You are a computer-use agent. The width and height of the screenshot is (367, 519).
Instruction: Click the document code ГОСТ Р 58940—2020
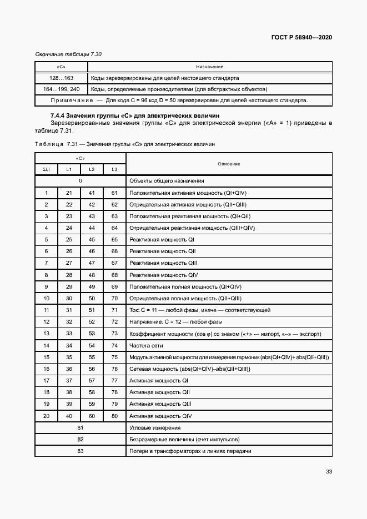(302, 37)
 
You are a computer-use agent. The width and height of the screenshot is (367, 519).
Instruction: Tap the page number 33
(329, 471)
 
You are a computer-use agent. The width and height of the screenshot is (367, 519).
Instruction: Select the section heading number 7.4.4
(59, 115)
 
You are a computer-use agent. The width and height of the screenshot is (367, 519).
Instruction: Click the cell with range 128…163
(58, 78)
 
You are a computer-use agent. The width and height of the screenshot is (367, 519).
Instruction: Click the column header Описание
(229, 164)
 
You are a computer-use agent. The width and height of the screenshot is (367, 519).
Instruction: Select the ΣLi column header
(46, 169)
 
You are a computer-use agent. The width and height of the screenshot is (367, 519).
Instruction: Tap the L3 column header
(114, 169)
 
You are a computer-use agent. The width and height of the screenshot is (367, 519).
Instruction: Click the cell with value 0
(81, 181)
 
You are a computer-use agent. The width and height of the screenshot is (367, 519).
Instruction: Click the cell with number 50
(92, 298)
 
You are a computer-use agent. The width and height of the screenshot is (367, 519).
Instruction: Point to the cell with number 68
(114, 275)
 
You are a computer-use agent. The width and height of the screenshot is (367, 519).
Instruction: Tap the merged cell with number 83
(81, 451)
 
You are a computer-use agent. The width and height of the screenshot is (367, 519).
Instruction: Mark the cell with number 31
(69, 310)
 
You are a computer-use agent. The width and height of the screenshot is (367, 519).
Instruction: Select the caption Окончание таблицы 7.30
(68, 54)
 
